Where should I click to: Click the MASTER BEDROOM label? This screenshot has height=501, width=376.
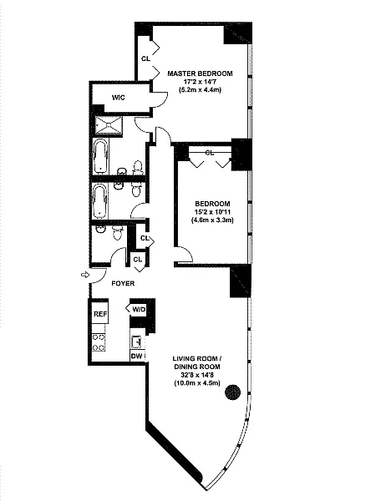201,73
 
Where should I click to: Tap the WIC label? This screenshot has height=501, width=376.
119,98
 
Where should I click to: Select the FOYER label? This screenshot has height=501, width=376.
123,283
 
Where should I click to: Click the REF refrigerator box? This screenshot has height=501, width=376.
100,313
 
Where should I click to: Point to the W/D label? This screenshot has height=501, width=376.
139,309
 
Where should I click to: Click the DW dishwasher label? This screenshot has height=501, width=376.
137,356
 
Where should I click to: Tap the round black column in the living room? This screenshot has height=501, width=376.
233,392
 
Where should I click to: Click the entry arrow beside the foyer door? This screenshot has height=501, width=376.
85,275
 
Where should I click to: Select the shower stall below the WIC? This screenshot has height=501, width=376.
109,125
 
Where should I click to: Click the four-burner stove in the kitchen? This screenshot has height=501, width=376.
99,342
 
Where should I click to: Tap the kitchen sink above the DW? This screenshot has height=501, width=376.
137,342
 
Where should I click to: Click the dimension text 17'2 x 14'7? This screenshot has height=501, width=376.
201,82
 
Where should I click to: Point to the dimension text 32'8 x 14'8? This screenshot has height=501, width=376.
197,375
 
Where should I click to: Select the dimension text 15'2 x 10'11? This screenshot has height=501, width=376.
212,212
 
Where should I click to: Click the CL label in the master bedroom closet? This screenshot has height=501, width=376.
145,58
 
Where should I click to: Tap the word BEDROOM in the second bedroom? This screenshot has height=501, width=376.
212,204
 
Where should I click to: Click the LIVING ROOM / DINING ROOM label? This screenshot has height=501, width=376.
197,362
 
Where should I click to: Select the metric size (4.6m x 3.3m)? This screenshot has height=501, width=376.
212,220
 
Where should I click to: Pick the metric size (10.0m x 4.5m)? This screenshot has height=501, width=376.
197,383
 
